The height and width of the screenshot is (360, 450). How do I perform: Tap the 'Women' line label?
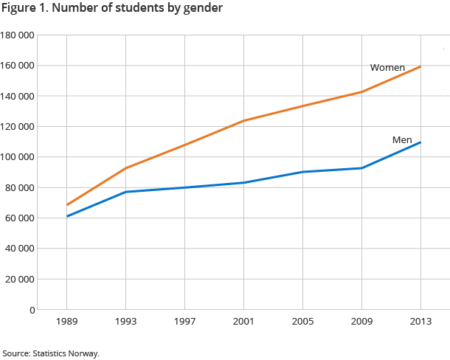[387, 68]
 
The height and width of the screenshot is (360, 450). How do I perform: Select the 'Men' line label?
[402, 140]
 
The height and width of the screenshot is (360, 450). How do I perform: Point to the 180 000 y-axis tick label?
[18, 35]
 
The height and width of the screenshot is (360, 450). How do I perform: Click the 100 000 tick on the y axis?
[18, 157]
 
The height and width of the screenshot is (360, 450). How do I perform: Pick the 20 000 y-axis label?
[20, 280]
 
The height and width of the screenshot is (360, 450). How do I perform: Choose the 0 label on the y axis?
[32, 310]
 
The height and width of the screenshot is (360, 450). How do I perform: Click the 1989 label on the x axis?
[67, 322]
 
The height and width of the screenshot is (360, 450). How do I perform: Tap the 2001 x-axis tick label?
[243, 322]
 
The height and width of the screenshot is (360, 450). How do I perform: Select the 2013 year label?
[420, 322]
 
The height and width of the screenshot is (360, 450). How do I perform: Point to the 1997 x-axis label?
[184, 322]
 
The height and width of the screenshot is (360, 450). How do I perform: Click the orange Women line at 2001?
[243, 120]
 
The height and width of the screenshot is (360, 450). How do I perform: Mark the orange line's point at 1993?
[126, 168]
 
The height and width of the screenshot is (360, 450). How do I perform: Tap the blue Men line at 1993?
[126, 192]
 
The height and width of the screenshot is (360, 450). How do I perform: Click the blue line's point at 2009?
[361, 168]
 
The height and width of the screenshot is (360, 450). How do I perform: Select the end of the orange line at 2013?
[420, 67]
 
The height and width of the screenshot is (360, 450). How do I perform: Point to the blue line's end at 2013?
[420, 142]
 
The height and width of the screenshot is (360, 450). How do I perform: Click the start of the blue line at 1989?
[67, 216]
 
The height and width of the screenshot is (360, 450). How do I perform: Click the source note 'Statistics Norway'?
[66, 353]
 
